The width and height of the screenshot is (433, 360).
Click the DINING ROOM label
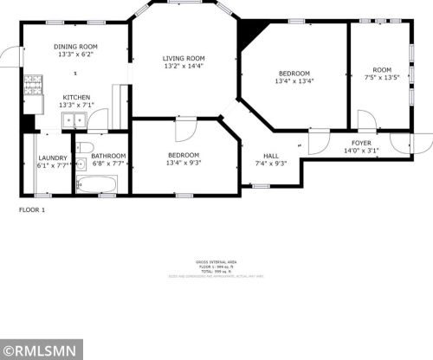click(75, 47)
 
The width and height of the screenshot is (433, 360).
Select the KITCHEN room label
click(75, 97)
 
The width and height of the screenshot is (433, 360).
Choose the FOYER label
click(361, 142)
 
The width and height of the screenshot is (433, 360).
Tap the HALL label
click(270, 155)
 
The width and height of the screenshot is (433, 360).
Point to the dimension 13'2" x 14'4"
click(184, 67)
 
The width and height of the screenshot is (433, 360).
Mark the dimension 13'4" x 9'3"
click(184, 163)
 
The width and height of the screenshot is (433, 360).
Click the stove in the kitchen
click(33, 86)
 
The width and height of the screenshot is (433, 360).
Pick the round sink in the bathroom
click(80, 163)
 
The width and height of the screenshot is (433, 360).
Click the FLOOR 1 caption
click(31, 209)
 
